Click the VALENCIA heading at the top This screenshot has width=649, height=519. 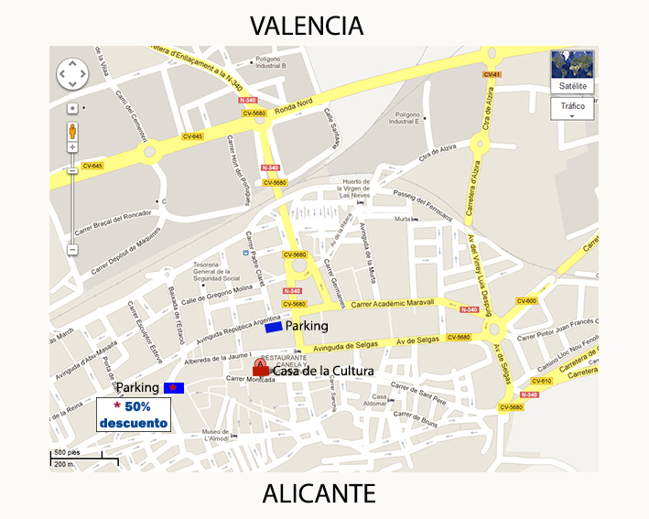point(307,25)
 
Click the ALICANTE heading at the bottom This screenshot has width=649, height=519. point(319,494)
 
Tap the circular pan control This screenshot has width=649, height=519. point(72,74)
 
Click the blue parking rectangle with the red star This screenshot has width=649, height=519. point(173,388)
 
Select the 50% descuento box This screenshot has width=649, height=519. point(134,415)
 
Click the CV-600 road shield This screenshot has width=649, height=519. point(526,300)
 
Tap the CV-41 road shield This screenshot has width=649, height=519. point(492,74)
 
